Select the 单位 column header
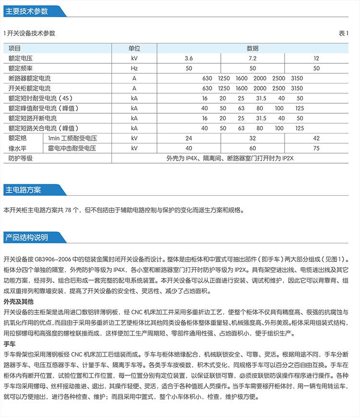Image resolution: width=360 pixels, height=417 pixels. tap(134, 48)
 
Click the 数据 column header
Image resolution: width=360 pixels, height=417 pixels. tap(253, 48)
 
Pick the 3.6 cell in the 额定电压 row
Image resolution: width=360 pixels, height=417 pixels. tap(189, 58)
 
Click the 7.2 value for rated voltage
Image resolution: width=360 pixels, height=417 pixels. tap(253, 58)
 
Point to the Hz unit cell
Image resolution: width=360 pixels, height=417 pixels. tap(134, 68)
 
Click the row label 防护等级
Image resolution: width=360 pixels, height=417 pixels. tap(20, 158)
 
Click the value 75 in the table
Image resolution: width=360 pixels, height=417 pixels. tap(316, 148)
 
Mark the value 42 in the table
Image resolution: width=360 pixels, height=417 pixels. tap(316, 138)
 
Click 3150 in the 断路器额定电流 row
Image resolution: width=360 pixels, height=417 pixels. tap(297, 78)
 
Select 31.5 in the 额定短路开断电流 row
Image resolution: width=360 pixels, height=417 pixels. tap(261, 118)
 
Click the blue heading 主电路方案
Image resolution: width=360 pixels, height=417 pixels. tap(23, 190)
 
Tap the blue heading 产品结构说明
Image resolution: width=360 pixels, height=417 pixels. tap(26, 237)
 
